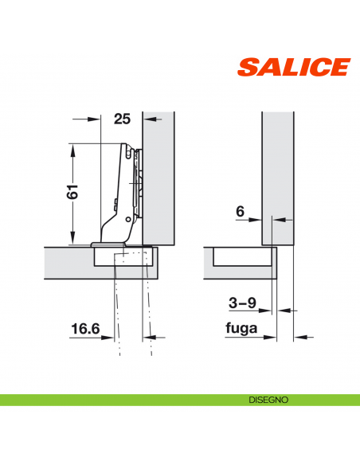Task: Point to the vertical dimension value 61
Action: (x=72, y=193)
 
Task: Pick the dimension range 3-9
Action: (x=243, y=303)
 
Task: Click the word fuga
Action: (x=243, y=327)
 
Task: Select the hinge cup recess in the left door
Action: (x=124, y=256)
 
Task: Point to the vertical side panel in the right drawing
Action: (x=277, y=175)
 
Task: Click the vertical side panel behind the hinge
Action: (x=159, y=175)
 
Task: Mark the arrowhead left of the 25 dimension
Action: (x=99, y=119)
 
